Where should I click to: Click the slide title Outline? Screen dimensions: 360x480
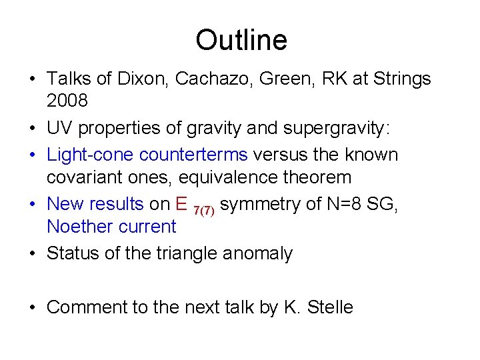241,40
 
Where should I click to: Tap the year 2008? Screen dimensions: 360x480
67,101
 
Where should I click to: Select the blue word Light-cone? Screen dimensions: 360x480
90,155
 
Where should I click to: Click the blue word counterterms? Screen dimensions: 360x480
193,155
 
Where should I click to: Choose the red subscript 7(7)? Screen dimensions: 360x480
203,210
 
